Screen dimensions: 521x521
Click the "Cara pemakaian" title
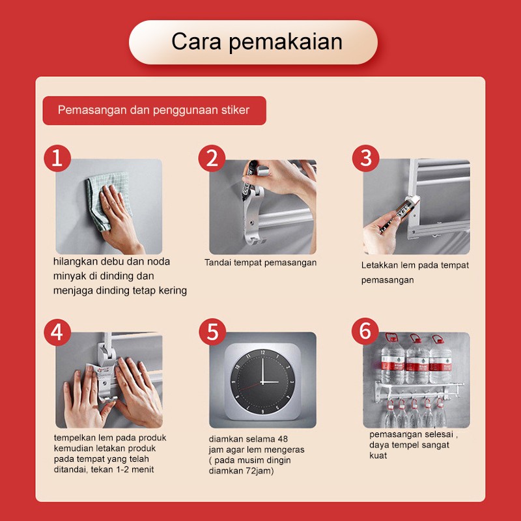coord(257,42)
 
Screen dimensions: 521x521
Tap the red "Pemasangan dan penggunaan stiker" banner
coord(154,110)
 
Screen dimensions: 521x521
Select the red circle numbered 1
coord(57,158)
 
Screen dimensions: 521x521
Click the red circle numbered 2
coord(212,158)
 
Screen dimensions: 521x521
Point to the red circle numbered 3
coord(365,158)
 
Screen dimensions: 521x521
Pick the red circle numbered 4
coord(57,332)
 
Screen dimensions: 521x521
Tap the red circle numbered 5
coord(212,331)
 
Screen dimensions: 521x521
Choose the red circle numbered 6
coord(365,331)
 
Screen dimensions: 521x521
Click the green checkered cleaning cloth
coord(106,199)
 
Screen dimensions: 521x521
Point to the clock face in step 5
coord(262,382)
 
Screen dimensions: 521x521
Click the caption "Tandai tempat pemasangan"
coord(260,262)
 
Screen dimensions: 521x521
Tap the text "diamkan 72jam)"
coord(241,471)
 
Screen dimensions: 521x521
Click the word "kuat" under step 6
coord(378,455)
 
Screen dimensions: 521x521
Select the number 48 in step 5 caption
coord(283,439)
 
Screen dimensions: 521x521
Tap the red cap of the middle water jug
coord(415,338)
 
